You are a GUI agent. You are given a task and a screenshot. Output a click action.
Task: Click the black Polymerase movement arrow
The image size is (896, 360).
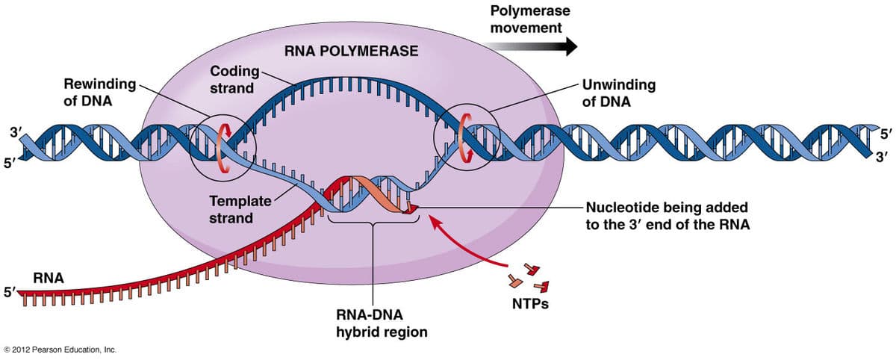click(531, 46)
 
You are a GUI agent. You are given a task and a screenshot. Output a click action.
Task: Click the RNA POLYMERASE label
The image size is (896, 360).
click(351, 51)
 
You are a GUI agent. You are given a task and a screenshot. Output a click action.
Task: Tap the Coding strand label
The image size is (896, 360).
click(234, 79)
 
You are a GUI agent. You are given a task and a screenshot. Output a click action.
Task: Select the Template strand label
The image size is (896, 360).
click(240, 209)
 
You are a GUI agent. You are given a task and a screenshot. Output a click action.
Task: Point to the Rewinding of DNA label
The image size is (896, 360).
click(100, 93)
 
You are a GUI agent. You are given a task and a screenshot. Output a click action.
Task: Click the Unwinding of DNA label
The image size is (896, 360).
click(619, 93)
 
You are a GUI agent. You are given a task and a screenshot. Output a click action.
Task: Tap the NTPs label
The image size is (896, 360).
click(530, 304)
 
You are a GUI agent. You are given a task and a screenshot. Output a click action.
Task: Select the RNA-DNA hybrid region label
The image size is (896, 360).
click(382, 323)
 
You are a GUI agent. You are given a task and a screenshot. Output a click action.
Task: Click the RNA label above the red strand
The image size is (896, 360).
click(49, 278)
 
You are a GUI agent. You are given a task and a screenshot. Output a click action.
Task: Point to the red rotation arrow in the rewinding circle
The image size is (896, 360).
click(224, 148)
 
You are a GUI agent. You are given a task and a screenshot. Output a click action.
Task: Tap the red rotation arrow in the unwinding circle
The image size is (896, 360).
click(465, 138)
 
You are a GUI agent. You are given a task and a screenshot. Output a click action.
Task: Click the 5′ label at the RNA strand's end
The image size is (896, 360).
click(10, 292)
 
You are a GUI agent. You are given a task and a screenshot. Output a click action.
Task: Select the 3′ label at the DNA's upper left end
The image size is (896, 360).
click(16, 132)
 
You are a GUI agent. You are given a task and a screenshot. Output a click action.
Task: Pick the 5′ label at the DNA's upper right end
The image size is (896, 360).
click(886, 134)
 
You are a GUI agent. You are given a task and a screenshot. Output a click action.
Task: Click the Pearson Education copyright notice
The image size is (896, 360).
click(60, 350)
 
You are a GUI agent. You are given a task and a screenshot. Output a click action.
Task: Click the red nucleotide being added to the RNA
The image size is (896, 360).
click(411, 208)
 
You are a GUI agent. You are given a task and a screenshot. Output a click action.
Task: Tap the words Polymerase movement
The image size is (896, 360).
click(530, 19)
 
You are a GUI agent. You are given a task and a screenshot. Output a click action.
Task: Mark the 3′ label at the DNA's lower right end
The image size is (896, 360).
click(882, 157)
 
